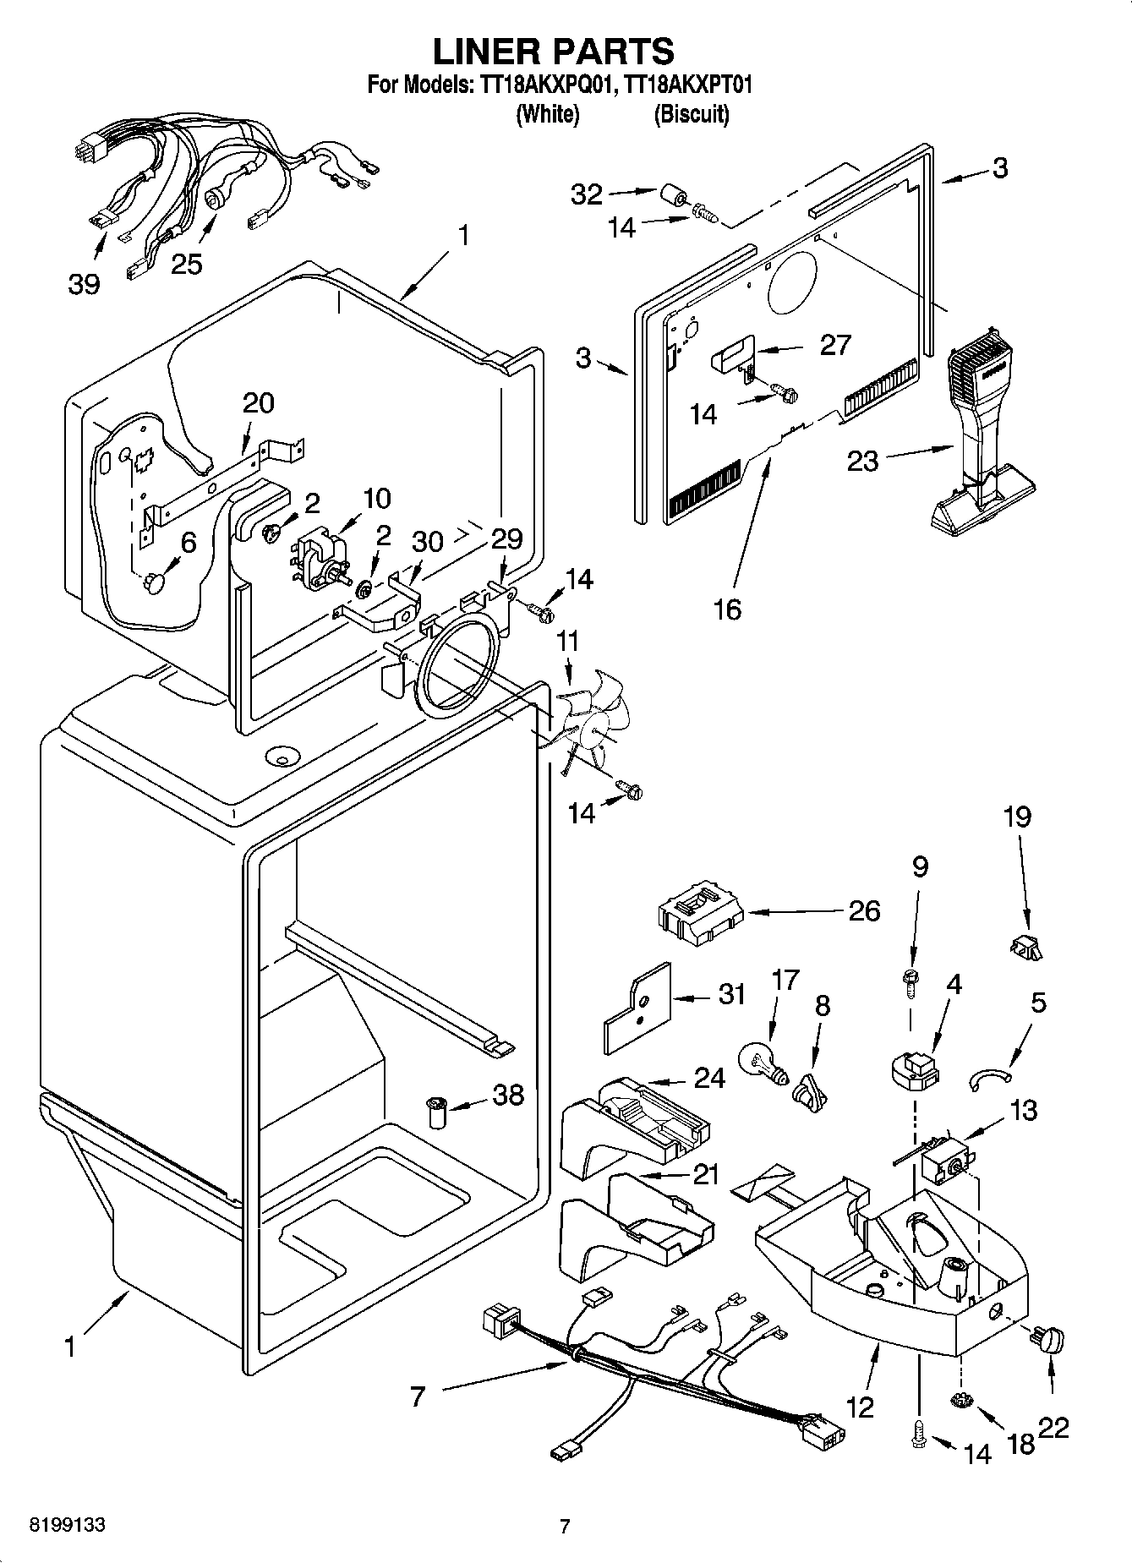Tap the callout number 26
pos(864,911)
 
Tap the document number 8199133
pos(68,1525)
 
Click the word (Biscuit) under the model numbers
pos(691,114)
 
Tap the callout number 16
pos(727,609)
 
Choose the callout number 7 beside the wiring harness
pos(417,1396)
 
